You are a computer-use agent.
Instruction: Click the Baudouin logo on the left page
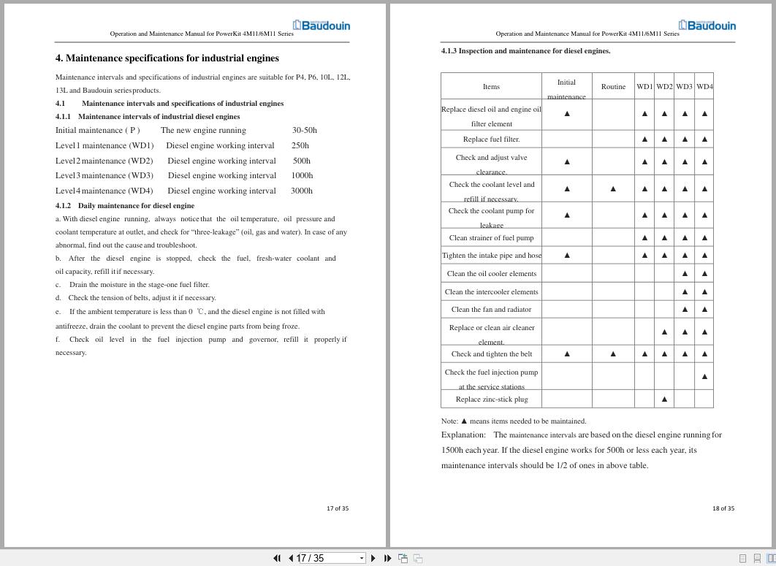click(x=322, y=26)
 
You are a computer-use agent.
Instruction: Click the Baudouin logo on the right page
click(x=707, y=26)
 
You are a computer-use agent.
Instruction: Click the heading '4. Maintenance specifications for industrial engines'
click(x=167, y=58)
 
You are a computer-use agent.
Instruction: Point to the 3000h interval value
click(x=302, y=191)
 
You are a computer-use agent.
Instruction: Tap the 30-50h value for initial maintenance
click(x=305, y=130)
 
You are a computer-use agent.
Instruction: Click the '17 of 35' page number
click(x=338, y=508)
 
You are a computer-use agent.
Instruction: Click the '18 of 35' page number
click(x=723, y=508)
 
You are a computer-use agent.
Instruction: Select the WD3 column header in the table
click(x=684, y=86)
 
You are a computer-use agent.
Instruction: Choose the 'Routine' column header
click(x=613, y=86)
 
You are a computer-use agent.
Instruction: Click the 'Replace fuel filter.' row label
click(x=491, y=139)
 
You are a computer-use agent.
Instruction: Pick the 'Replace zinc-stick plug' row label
click(x=491, y=399)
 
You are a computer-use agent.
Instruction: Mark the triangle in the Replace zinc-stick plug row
click(x=664, y=399)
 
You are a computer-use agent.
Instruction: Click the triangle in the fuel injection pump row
click(x=704, y=377)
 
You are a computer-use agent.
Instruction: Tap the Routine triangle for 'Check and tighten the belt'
click(x=613, y=353)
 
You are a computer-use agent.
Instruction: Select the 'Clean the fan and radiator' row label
click(x=491, y=309)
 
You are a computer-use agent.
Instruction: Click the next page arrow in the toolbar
click(x=373, y=558)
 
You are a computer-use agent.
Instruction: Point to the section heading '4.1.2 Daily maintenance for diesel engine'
click(x=125, y=205)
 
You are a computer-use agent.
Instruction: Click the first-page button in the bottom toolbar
click(x=277, y=558)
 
